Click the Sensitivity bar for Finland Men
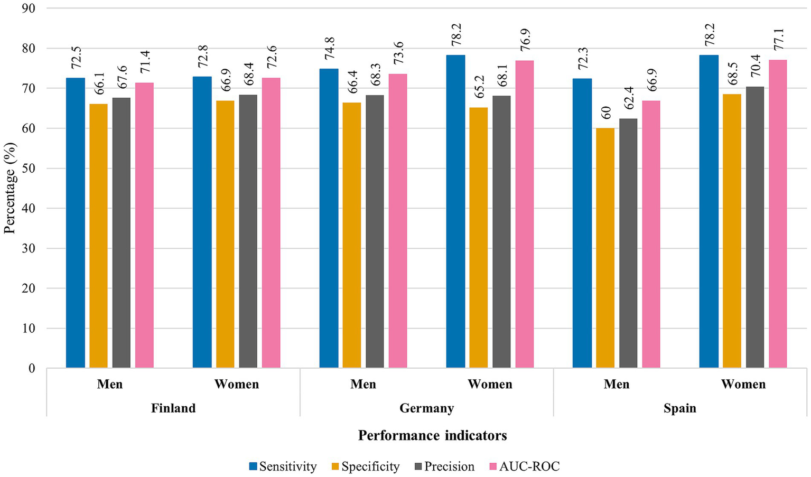[75, 222]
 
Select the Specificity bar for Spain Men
[605, 248]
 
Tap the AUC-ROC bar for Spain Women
[778, 213]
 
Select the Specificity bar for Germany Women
[478, 237]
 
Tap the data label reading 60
[605, 113]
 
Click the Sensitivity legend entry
[283, 466]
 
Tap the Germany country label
[426, 408]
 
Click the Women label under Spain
[743, 384]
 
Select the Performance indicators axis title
[432, 435]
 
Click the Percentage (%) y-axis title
[10, 189]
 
